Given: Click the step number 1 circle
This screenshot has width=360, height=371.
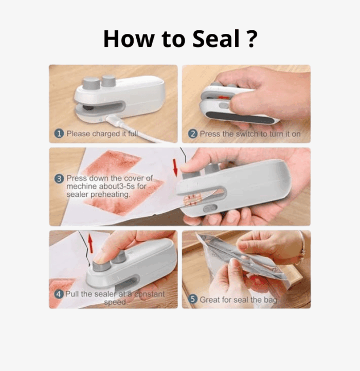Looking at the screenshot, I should [59, 134].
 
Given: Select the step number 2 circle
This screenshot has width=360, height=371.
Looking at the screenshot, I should [193, 134].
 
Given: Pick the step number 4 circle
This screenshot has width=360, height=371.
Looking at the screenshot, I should [59, 294].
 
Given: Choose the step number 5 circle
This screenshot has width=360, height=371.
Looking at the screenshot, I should [193, 299].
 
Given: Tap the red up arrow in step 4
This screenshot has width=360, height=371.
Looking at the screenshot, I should [91, 243].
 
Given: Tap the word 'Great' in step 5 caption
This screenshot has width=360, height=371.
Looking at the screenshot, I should [210, 299].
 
